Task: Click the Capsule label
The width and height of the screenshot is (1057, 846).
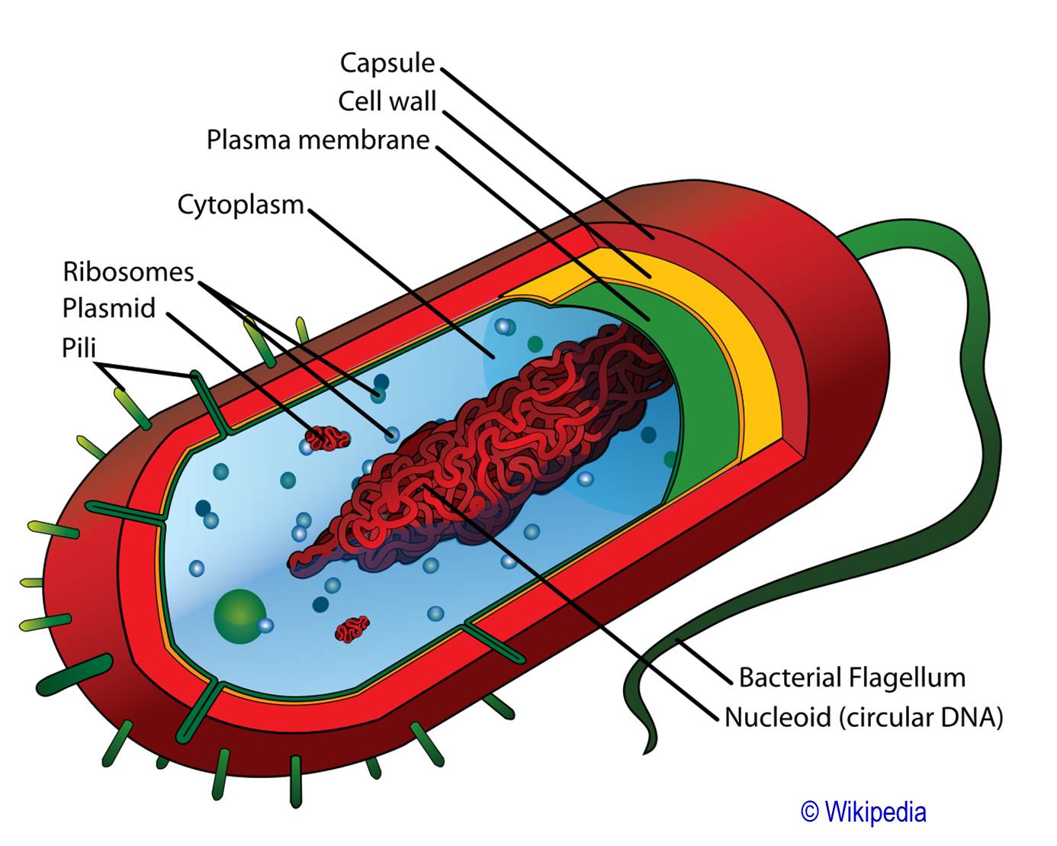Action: point(387,63)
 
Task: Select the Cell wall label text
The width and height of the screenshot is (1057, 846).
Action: point(387,101)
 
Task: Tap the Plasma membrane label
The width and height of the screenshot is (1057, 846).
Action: point(318,140)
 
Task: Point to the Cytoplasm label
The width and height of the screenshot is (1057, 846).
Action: point(240,205)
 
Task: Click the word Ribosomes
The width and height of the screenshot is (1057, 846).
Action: point(128,272)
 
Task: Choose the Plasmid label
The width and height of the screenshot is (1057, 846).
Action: point(109,309)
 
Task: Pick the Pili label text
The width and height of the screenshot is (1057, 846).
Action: point(79,349)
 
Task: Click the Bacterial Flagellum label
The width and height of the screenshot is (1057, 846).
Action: point(852,677)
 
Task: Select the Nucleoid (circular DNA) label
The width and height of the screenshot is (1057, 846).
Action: point(863,717)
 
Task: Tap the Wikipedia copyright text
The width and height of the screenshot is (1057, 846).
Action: point(863,812)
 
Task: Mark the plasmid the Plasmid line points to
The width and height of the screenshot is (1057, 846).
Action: point(328,439)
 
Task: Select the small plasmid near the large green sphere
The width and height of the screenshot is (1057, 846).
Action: point(352,629)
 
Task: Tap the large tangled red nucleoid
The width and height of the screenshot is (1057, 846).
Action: point(488,450)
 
